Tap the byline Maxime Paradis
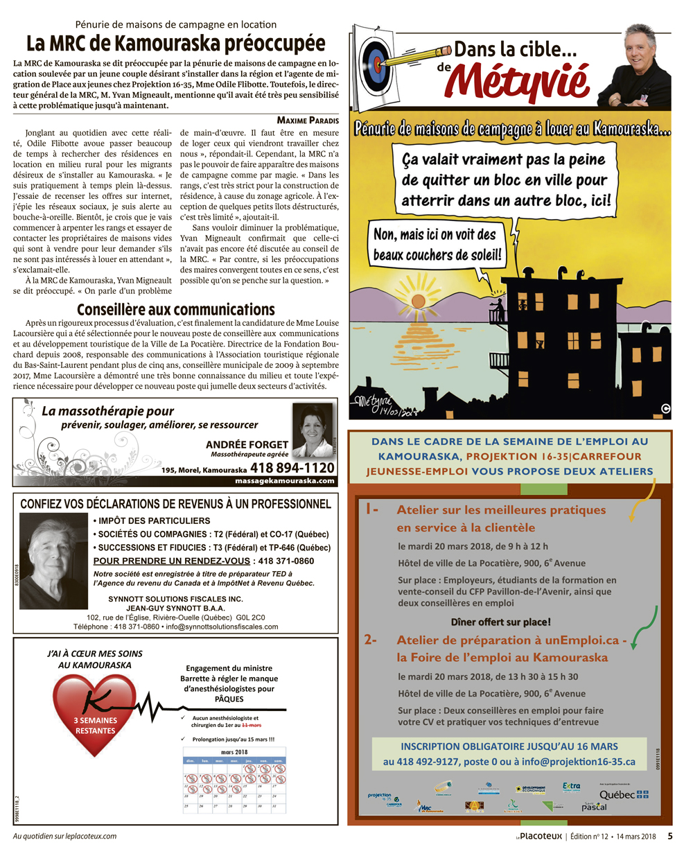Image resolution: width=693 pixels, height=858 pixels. click(x=308, y=121)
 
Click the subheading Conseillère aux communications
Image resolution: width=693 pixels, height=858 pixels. click(x=176, y=310)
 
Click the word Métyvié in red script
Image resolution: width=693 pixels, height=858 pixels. click(x=517, y=82)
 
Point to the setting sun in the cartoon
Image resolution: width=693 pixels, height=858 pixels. click(x=418, y=299)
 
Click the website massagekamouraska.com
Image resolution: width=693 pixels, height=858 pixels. click(x=285, y=480)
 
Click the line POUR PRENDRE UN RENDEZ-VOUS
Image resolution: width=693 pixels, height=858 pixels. click(x=171, y=561)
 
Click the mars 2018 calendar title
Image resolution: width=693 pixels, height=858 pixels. click(x=234, y=752)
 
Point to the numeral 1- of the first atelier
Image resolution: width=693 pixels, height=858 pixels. click(x=372, y=509)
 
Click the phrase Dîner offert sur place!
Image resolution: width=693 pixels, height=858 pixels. click(x=500, y=622)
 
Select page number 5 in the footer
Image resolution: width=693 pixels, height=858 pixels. click(x=669, y=836)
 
